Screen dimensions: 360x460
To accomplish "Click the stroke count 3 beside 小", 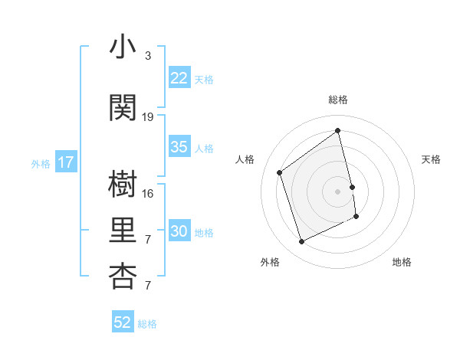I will [x=148, y=56].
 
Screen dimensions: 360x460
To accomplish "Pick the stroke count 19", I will [x=148, y=117].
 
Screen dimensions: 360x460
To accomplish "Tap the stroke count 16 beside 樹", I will [x=148, y=193].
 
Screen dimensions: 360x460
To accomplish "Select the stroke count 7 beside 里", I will [x=148, y=240].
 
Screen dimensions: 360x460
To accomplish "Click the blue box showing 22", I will [x=179, y=78].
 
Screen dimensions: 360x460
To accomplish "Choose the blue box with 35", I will [x=179, y=147].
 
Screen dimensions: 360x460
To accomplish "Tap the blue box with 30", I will [x=179, y=231].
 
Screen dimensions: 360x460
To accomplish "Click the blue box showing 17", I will [x=66, y=162].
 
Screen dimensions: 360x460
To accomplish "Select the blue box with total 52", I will [x=123, y=322].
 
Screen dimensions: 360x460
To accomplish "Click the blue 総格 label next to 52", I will [x=147, y=324].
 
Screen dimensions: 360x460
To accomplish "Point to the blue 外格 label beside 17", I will [x=41, y=163].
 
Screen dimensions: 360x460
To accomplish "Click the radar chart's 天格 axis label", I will [x=431, y=159].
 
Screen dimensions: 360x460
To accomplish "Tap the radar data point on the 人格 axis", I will [x=279, y=172].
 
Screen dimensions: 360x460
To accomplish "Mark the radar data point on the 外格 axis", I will [x=301, y=242].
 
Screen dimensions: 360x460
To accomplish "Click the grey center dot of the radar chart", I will [x=337, y=191].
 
